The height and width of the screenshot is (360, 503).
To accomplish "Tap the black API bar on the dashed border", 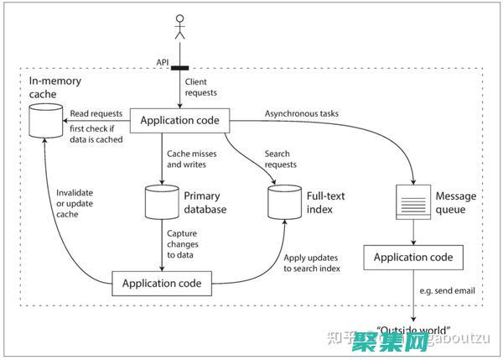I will [x=179, y=68].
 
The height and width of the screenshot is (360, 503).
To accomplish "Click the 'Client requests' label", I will [x=201, y=87].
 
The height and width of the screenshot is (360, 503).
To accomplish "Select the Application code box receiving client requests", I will [x=179, y=121].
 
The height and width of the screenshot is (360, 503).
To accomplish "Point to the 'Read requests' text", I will [x=96, y=113].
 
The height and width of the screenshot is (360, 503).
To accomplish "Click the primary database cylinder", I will [x=161, y=203].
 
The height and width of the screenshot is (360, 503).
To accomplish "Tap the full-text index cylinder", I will [x=282, y=203].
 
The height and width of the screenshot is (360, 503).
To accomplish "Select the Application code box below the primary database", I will [x=162, y=283].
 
